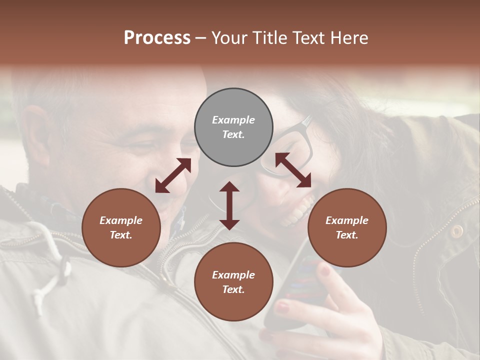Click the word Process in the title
(157, 38)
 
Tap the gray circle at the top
(233, 127)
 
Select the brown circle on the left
(121, 227)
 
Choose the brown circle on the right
(347, 227)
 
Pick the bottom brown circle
(233, 282)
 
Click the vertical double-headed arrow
(229, 205)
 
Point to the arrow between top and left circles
(173, 175)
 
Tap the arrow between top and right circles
(293, 170)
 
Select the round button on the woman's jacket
(456, 231)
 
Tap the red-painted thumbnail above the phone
(325, 271)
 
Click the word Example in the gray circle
(233, 120)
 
